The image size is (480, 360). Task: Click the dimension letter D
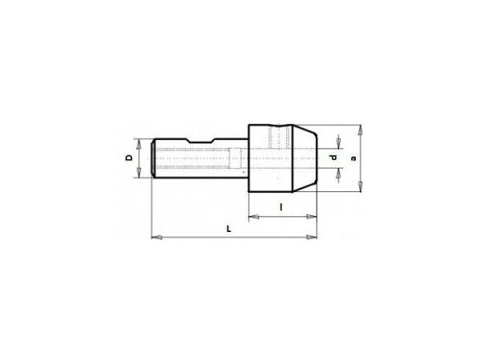tap(129, 158)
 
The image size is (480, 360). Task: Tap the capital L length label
tap(229, 229)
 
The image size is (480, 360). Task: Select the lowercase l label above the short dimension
tap(281, 207)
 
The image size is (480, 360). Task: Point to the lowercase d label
tap(334, 158)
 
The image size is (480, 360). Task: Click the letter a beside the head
tap(354, 158)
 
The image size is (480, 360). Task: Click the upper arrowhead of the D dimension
tap(139, 144)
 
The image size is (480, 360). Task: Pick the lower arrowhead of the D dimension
tap(139, 172)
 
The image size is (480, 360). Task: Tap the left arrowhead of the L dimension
tap(157, 238)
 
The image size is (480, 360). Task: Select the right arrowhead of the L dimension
tap(312, 237)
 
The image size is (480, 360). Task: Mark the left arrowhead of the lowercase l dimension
tap(254, 217)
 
